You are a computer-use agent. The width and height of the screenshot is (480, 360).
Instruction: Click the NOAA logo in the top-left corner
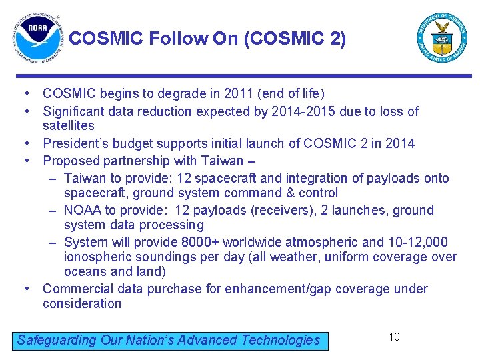coord(37,39)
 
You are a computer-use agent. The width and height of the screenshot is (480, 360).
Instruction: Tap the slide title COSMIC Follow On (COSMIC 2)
coord(207,39)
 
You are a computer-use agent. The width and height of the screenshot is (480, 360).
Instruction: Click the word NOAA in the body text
coord(83,211)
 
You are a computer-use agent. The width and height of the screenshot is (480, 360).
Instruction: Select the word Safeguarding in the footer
coord(57,340)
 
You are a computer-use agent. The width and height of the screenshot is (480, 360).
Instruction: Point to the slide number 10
coord(394,337)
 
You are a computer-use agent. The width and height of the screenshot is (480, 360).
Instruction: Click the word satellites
coord(69,126)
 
